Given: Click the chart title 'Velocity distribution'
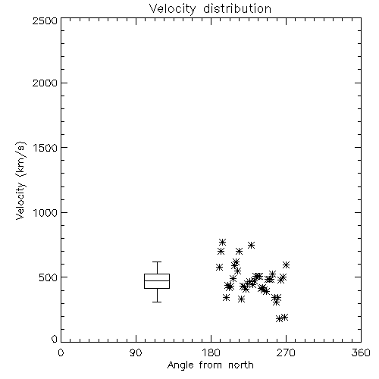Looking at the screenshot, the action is point(210,9).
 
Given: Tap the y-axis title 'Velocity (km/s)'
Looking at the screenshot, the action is point(20,180).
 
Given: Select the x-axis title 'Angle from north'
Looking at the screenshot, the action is point(210,365).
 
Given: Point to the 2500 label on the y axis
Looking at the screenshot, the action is point(45,20).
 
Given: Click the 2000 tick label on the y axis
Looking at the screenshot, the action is point(45,83).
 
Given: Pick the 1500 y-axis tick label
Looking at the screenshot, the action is point(45,148).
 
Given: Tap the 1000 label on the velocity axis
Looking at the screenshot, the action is point(45,212).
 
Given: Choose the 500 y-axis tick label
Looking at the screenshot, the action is point(49,277).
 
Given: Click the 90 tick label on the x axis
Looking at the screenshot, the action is point(136,352).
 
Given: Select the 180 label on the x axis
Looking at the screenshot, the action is point(211,352).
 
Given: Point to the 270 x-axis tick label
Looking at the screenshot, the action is point(286,352).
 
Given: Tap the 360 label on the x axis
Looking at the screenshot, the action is point(361,352).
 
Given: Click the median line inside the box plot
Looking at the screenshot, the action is point(157,280).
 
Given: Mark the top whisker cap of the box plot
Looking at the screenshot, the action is point(157,262).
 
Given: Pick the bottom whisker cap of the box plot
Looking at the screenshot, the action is point(157,302).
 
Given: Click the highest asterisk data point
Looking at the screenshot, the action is point(222,242).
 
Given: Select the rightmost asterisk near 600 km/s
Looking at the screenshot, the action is point(286,265).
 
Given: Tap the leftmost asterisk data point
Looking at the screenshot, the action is point(219,267).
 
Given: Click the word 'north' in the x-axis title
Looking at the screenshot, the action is point(241,365).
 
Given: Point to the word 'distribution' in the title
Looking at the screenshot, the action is point(237,8).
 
